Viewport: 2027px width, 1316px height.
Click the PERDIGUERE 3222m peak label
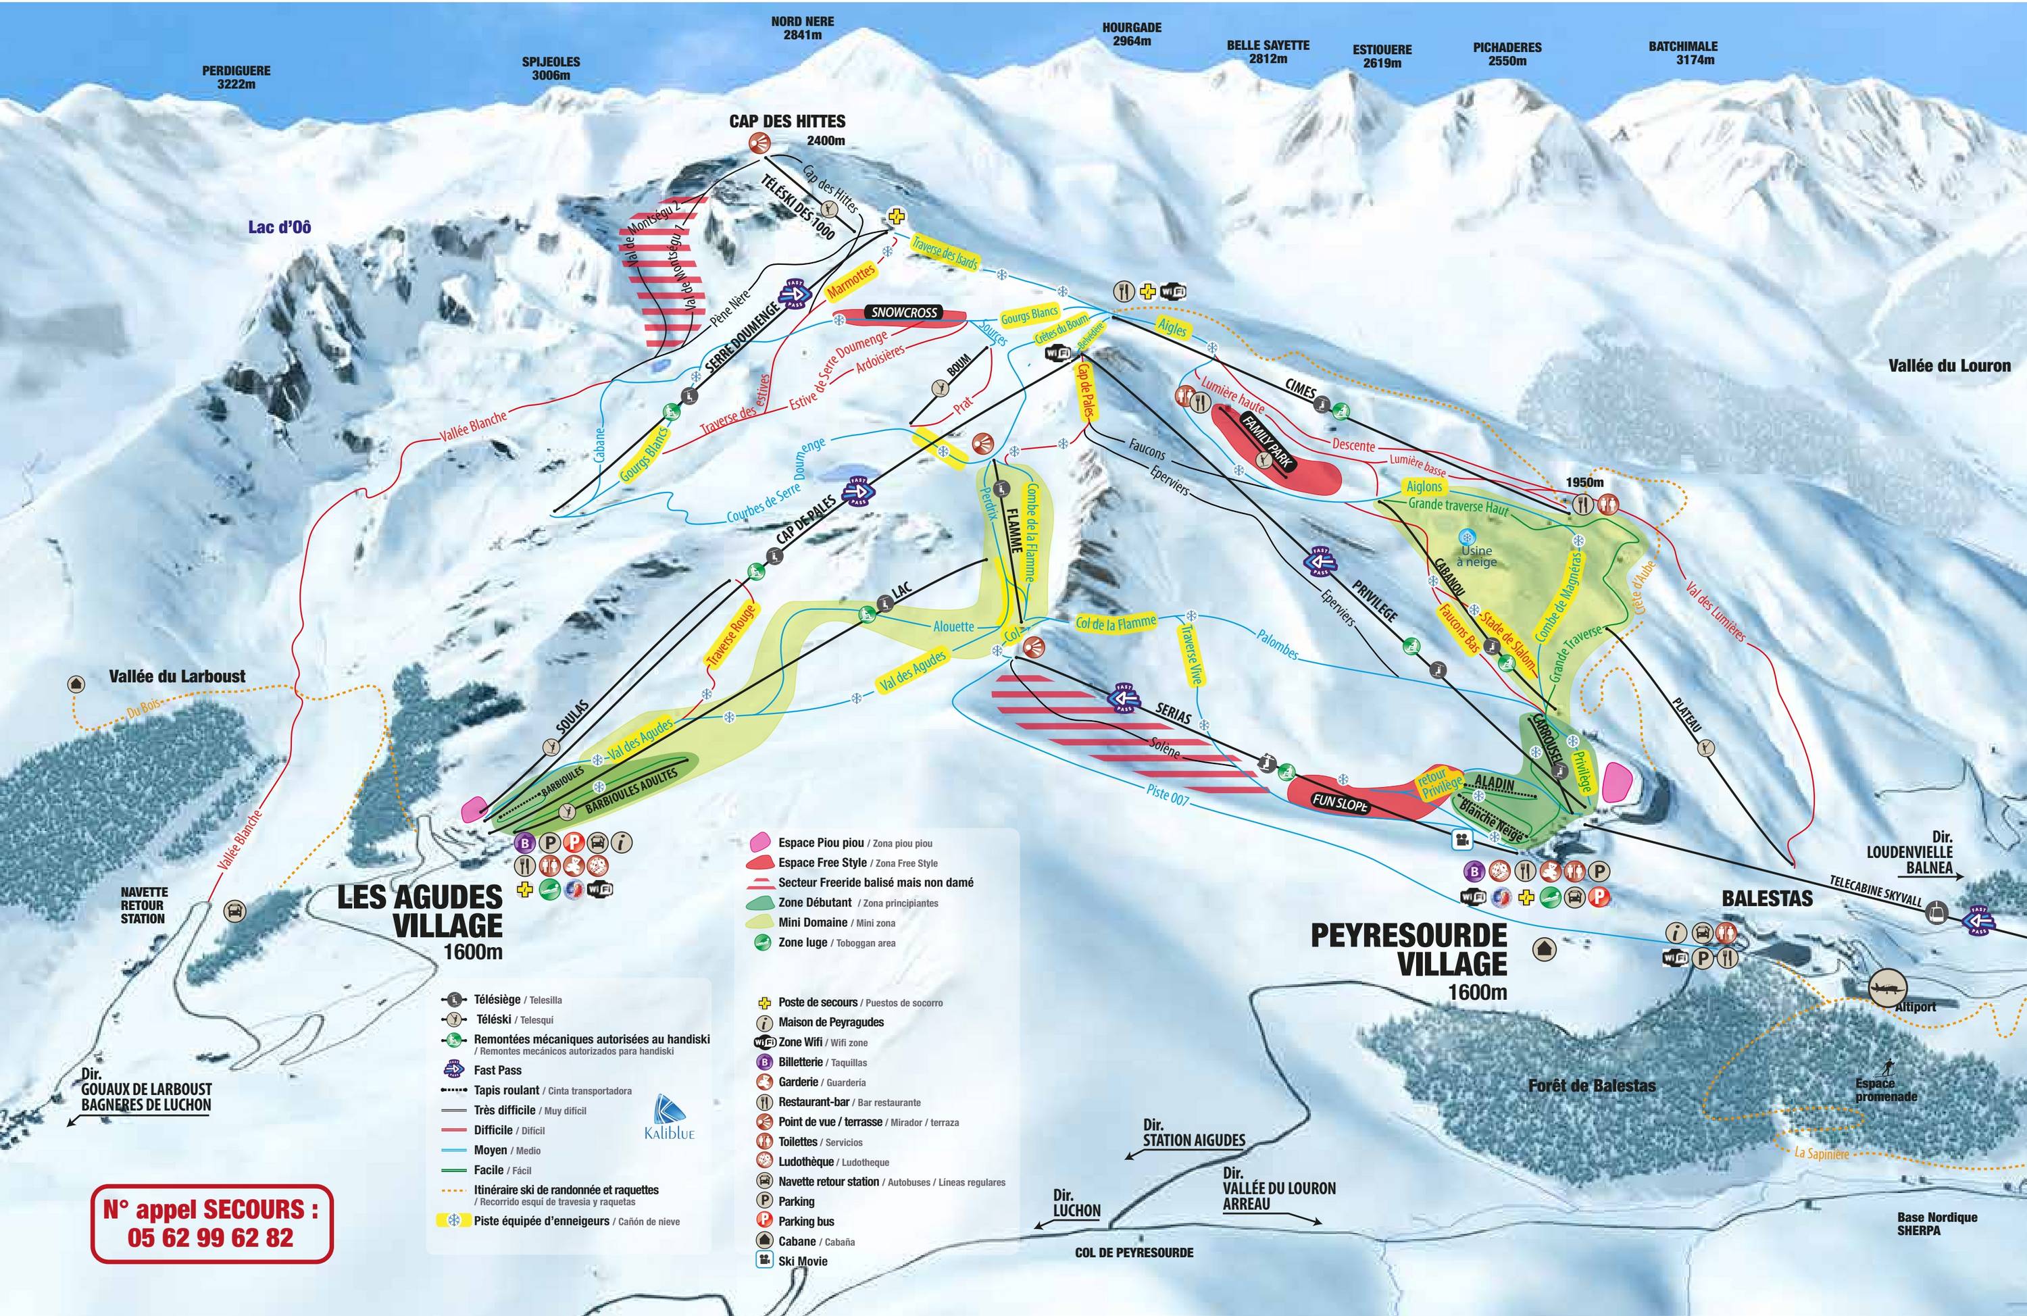tap(236, 78)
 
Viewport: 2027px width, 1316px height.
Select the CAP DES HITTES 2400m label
tap(787, 130)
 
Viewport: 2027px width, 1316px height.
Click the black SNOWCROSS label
tap(903, 313)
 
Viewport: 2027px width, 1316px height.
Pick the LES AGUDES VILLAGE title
tap(421, 912)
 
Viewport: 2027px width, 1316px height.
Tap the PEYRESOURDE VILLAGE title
tap(1409, 949)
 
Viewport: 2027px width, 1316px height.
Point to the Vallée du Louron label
tap(1949, 365)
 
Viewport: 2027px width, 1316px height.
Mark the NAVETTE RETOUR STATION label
tap(143, 905)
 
